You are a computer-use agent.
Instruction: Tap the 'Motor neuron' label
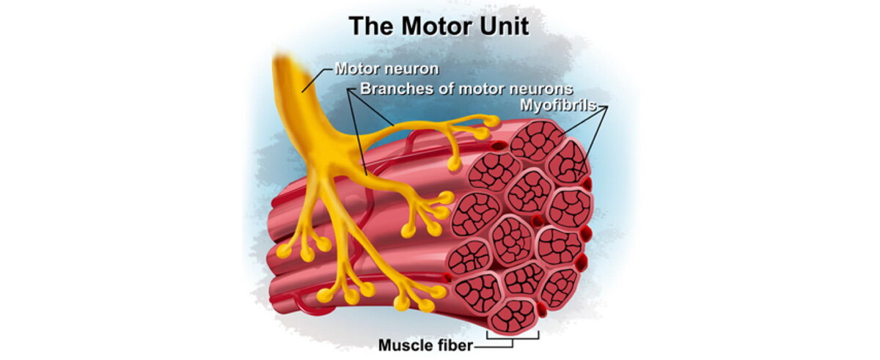point(386,69)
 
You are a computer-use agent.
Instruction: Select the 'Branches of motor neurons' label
point(466,89)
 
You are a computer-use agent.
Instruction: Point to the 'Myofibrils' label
point(558,105)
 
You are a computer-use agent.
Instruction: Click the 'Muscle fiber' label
point(425,345)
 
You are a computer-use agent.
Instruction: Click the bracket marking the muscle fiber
point(513,337)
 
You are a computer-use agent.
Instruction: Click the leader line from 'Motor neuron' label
point(317,81)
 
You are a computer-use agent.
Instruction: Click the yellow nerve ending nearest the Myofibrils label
point(491,121)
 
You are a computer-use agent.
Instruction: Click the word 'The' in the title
point(371,26)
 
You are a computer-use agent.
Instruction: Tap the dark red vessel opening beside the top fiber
point(499,146)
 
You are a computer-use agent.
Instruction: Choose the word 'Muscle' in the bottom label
point(402,345)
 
